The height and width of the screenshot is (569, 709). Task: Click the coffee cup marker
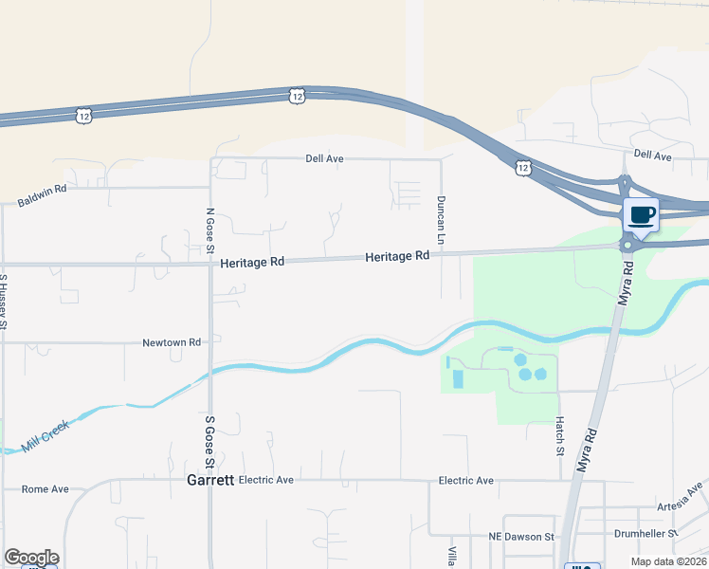(x=642, y=215)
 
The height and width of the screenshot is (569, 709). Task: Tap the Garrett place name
(x=209, y=480)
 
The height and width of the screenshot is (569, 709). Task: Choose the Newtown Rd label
(x=172, y=342)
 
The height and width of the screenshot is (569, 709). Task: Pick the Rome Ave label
(x=45, y=489)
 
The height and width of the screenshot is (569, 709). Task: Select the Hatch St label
(x=560, y=433)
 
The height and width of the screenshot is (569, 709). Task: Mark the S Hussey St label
(x=5, y=302)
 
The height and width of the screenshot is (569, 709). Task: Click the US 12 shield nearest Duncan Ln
(x=523, y=168)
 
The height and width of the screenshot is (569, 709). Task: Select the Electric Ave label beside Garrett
(x=266, y=480)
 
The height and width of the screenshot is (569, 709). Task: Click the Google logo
(x=31, y=558)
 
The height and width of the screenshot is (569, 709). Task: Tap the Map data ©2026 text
(x=668, y=561)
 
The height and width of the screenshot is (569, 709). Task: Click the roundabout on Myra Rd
(x=627, y=246)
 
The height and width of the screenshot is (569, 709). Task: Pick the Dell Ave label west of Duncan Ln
(x=324, y=158)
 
